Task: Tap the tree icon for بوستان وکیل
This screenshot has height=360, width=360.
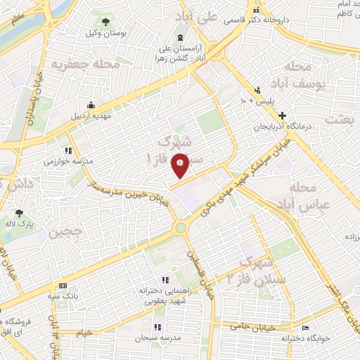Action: click(x=107, y=22)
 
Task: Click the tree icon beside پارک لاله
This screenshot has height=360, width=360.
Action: click(x=19, y=213)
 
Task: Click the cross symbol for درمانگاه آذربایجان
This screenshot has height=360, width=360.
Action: click(x=282, y=115)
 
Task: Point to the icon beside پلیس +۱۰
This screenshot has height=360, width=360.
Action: click(x=259, y=89)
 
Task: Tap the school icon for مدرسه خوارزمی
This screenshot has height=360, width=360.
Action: click(x=68, y=150)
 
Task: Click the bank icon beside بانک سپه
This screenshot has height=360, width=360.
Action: click(x=63, y=285)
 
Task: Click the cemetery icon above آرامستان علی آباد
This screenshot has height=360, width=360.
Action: click(x=181, y=37)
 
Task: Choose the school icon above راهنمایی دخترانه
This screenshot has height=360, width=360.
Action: click(x=165, y=279)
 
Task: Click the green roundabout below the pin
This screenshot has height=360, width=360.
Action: click(x=181, y=227)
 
